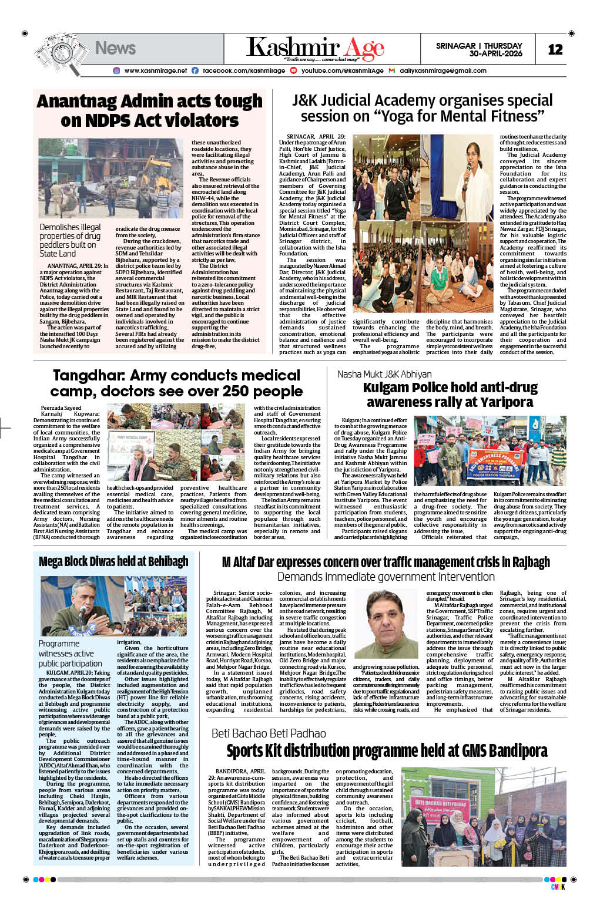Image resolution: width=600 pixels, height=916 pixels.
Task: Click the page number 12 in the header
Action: click(555, 49)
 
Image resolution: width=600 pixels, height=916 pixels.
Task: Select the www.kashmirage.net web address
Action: click(155, 70)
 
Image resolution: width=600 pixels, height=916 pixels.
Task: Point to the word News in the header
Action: click(115, 48)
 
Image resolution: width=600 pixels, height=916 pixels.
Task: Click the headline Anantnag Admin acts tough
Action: click(149, 101)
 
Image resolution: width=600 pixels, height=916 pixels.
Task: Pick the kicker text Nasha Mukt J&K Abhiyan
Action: click(384, 374)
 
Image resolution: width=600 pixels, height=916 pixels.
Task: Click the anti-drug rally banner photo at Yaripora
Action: click(490, 450)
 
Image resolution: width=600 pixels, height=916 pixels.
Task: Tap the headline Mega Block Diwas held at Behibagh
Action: click(113, 561)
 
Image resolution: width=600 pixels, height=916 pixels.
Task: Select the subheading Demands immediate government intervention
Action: click(386, 577)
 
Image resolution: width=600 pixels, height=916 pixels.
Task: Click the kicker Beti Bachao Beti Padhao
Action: click(269, 733)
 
